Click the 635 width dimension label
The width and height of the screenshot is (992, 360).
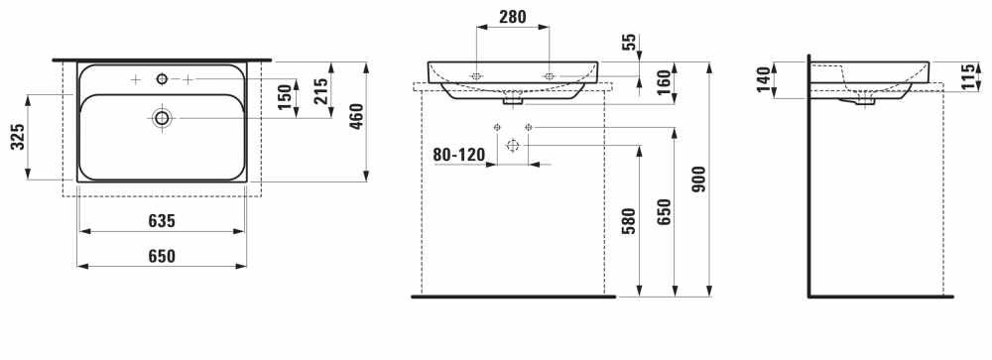tap(162, 221)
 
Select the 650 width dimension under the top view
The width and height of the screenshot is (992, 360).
tap(162, 256)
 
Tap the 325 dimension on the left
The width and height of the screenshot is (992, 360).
tap(18, 137)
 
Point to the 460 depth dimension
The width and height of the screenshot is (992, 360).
tap(357, 116)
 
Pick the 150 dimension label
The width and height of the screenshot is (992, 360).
tap(286, 96)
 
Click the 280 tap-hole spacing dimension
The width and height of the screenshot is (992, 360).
tap(513, 17)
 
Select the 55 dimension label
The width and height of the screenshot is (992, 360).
tap(630, 43)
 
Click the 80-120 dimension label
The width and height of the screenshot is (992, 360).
tap(458, 155)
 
